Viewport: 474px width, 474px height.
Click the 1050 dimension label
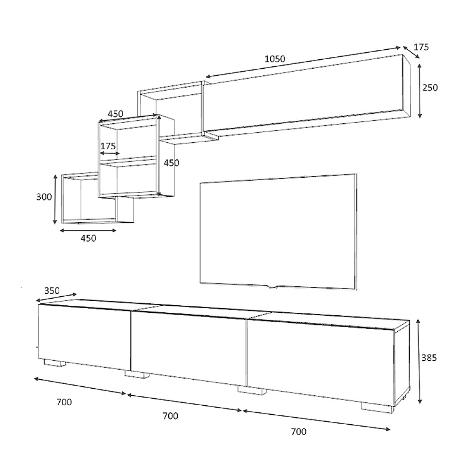pos(275,59)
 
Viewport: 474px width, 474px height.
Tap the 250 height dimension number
pos(430,88)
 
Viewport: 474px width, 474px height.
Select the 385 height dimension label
pos(429,357)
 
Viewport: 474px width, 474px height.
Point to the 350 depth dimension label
pos(52,291)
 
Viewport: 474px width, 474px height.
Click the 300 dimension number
pos(44,197)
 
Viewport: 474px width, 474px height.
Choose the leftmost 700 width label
pos(64,402)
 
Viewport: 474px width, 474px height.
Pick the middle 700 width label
pos(170,416)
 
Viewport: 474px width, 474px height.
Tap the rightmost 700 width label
pos(299,432)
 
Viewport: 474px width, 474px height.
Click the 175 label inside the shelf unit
pos(108,146)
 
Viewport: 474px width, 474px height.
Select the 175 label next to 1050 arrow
pos(421,47)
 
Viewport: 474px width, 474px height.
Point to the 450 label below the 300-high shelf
pos(88,238)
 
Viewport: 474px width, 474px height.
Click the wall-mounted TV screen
pos(278,231)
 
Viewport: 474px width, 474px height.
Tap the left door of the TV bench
pos(84,337)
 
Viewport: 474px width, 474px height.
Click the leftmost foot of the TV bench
pos(55,363)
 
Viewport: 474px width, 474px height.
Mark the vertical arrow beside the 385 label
pos(419,361)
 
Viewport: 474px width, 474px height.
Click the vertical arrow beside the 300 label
pos(55,199)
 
